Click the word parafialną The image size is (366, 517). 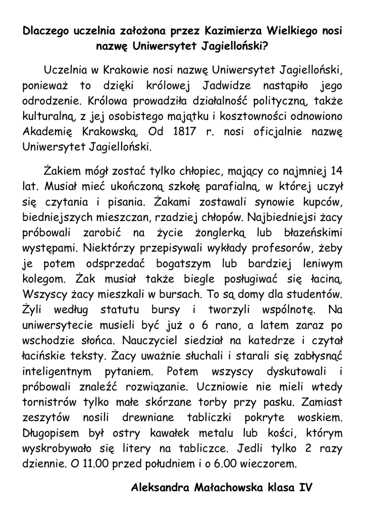(x=231, y=187)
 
